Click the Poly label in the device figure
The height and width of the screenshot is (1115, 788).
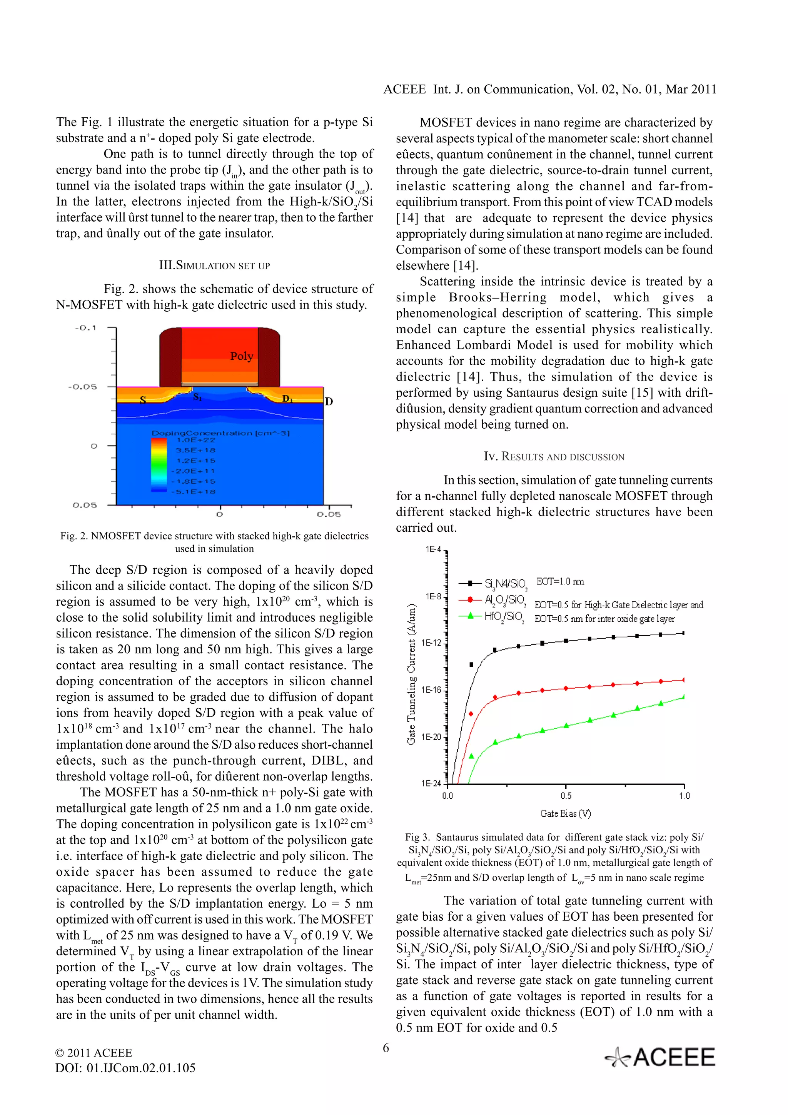click(241, 356)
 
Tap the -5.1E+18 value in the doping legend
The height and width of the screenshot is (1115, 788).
click(195, 492)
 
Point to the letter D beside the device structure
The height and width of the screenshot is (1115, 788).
click(329, 401)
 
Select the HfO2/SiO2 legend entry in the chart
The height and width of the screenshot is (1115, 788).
click(504, 617)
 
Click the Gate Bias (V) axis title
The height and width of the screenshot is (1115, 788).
click(565, 813)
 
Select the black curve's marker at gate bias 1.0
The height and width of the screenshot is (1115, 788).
click(683, 633)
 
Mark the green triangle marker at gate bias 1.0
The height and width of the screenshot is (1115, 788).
click(683, 696)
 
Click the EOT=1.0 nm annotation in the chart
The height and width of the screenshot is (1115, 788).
click(560, 581)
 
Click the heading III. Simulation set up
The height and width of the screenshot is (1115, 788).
click(214, 265)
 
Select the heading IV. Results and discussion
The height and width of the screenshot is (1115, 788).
click(554, 456)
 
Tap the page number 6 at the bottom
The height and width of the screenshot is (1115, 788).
click(386, 1048)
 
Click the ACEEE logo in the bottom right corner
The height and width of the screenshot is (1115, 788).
click(660, 1057)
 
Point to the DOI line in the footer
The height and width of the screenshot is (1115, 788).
click(125, 1068)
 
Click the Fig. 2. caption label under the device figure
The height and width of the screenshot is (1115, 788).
click(74, 536)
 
